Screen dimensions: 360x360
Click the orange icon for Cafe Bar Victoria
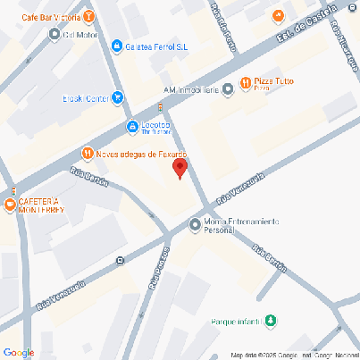pos(90,16)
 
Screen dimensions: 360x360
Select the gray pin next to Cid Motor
pos(54,35)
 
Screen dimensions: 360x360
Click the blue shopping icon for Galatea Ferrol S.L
pos(117,46)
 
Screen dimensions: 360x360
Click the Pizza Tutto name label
pos(274,83)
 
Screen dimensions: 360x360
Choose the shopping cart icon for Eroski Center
pos(118,99)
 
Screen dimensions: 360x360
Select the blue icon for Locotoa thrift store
pos(132,127)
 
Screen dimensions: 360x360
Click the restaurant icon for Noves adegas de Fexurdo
pos(87,153)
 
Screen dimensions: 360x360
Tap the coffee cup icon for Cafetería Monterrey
pos(10,205)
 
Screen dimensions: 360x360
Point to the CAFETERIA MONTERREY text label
pos(38,205)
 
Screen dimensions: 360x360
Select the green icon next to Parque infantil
pos(273,321)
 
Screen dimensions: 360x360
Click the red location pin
pos(180,166)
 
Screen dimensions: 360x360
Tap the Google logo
pos(19,352)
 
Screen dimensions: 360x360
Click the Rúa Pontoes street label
pos(159,269)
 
